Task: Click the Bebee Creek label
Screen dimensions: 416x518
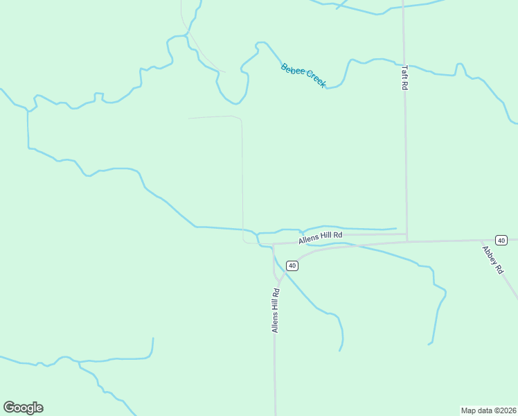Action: [x=303, y=75]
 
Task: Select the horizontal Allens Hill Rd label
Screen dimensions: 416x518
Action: [x=320, y=237]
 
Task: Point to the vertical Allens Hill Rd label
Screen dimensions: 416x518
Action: [x=276, y=311]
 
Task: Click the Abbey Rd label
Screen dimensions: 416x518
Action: [x=492, y=259]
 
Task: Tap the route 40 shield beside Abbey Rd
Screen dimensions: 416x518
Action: [x=501, y=240]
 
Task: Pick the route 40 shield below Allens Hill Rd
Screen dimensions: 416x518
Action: [x=292, y=266]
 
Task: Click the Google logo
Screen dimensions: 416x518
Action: [x=23, y=408]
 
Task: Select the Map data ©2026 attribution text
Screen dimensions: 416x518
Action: [x=488, y=410]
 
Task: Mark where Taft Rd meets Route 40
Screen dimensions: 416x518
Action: [x=407, y=241]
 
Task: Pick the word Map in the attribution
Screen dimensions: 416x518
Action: [x=469, y=410]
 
